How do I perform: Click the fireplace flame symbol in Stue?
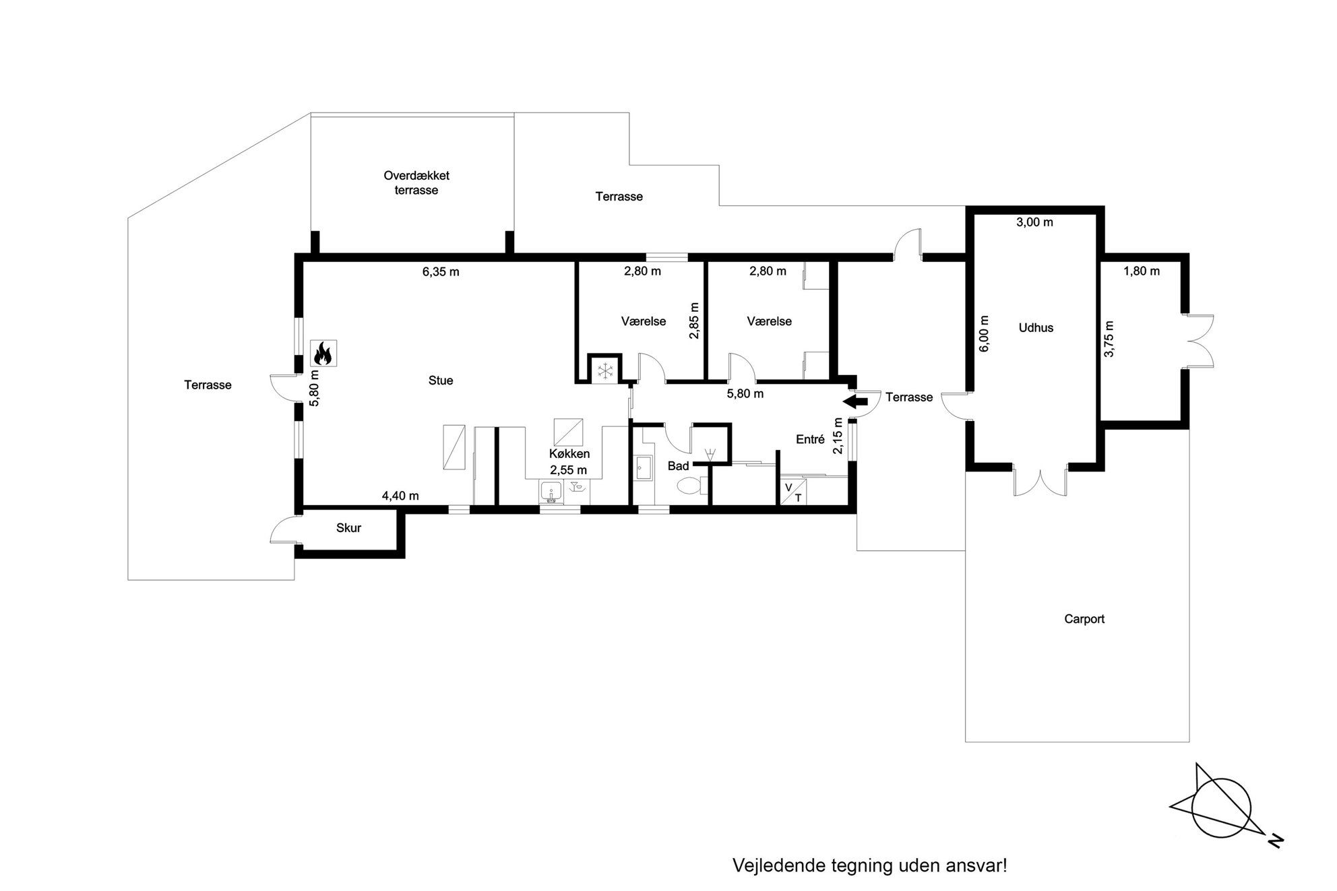323,353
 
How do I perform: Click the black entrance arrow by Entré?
856,402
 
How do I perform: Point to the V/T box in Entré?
793,492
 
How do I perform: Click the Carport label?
1084,619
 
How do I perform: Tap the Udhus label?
1036,328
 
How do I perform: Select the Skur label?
349,528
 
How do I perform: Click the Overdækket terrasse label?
416,183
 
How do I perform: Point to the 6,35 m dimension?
441,272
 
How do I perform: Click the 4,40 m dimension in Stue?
400,496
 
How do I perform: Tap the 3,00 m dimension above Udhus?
1034,222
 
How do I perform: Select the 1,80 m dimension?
1142,271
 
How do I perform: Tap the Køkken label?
569,454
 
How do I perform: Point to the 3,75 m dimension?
1109,339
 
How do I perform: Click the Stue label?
441,381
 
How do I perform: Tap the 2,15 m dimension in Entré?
838,436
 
